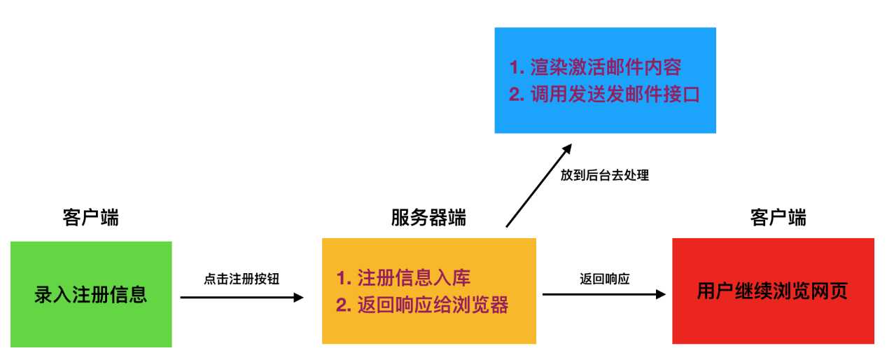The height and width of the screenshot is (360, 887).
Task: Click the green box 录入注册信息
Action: [x=91, y=293]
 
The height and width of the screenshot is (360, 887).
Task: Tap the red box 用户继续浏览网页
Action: [x=773, y=291]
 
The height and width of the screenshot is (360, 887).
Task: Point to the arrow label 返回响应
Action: [x=605, y=279]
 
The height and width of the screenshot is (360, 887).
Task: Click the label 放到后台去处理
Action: [x=605, y=175]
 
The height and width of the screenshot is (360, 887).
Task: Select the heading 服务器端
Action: [x=428, y=218]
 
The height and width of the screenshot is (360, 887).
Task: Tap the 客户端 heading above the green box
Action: [x=91, y=218]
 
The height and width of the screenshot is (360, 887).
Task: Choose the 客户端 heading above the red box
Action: [x=778, y=218]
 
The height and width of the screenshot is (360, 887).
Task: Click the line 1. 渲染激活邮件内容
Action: [x=595, y=68]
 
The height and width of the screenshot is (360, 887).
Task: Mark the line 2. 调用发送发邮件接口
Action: [x=604, y=94]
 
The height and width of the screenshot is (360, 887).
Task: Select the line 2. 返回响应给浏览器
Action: [x=422, y=305]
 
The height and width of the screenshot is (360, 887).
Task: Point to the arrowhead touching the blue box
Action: [x=568, y=148]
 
